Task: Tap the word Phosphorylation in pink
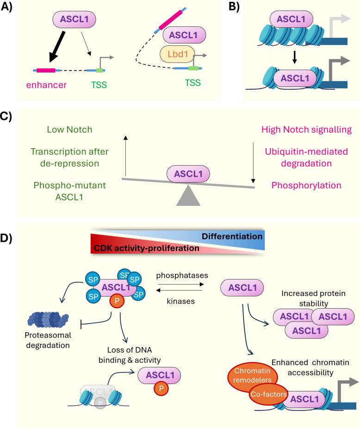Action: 306,185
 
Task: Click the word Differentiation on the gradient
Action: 232,236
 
